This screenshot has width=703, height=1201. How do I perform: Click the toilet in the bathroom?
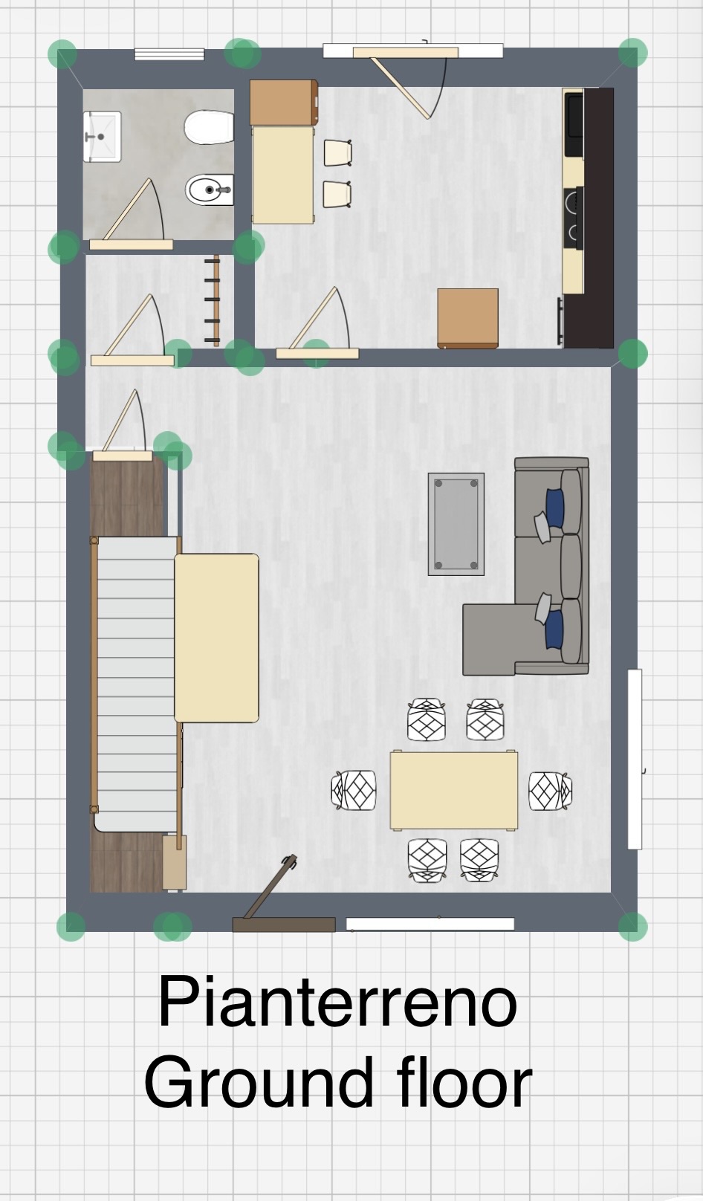[209, 127]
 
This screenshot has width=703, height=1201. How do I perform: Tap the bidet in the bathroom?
[210, 190]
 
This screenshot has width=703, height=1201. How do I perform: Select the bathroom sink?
[101, 137]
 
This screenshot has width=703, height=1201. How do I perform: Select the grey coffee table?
[456, 524]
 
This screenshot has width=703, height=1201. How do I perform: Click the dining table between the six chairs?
[453, 790]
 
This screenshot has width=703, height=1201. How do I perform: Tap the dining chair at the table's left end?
[354, 790]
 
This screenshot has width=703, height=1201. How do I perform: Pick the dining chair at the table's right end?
[550, 791]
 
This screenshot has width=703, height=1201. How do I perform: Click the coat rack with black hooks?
[213, 300]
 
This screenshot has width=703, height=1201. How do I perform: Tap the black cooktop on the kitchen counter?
[574, 218]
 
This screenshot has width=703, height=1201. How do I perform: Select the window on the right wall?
[635, 760]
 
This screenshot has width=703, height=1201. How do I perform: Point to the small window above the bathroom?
[169, 54]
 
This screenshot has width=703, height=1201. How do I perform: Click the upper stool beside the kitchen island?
[338, 153]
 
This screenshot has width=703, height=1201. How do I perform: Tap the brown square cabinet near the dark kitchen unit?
[467, 319]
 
